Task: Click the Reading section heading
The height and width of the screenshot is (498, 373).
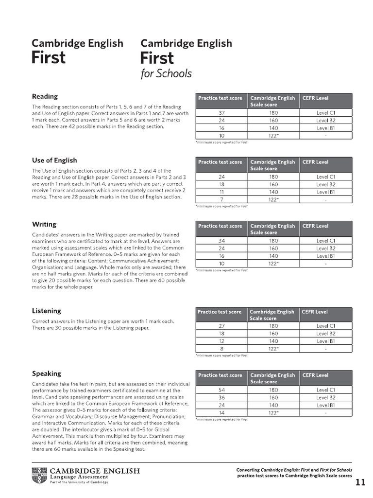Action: [45, 96]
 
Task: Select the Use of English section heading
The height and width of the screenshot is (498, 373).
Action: [54, 160]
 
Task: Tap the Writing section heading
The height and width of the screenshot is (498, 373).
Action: [44, 224]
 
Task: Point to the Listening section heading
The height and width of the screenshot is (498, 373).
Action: [47, 311]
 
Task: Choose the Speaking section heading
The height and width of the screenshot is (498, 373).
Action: [47, 373]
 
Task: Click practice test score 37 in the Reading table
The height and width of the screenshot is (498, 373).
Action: [221, 113]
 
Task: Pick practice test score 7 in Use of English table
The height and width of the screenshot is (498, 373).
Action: [221, 199]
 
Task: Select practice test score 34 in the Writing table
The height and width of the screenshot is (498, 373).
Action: [221, 241]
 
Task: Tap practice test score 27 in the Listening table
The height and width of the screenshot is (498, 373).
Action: [221, 326]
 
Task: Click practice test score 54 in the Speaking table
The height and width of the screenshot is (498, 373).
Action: [221, 390]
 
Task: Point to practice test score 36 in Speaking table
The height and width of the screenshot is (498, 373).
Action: [221, 397]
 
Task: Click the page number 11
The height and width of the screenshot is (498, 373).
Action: [360, 482]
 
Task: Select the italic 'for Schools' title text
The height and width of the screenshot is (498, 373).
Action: [166, 74]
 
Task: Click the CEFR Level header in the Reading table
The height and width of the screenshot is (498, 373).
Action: [315, 98]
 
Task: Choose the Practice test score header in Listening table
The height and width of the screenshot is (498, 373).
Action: [220, 312]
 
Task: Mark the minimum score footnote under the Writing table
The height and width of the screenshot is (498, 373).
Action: [221, 270]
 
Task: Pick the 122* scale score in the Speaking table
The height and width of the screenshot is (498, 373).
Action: [273, 413]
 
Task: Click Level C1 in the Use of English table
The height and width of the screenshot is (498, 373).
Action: [326, 177]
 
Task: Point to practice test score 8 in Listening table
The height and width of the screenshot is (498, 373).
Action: [221, 349]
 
